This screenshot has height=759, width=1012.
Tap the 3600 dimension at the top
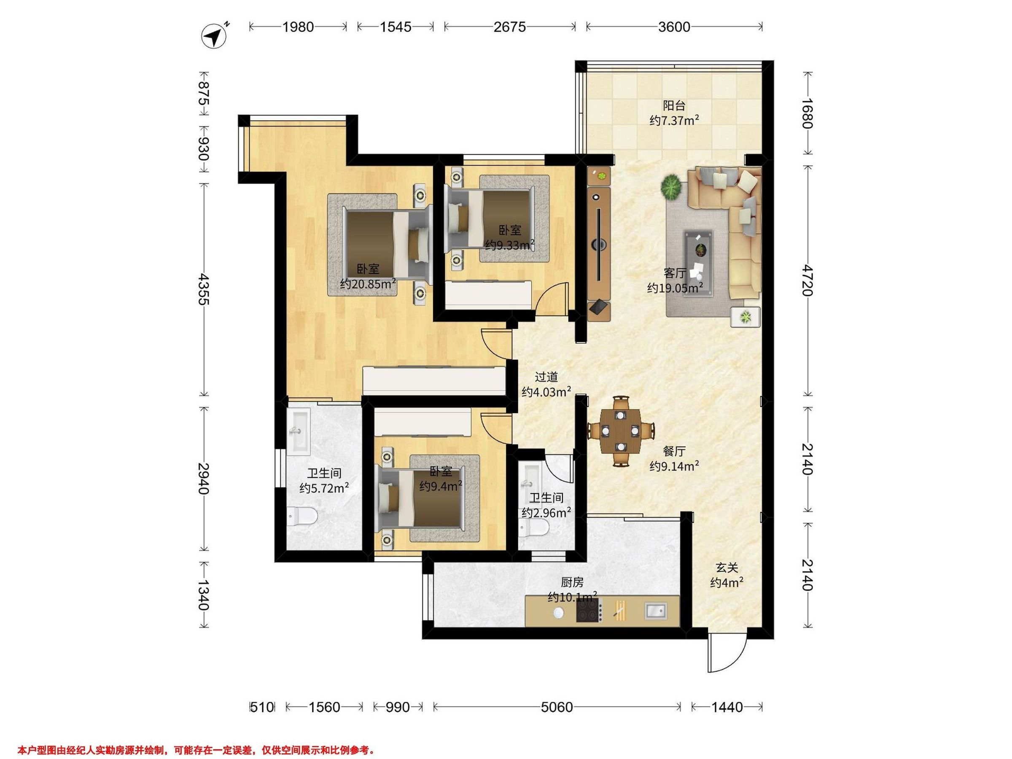tap(674, 27)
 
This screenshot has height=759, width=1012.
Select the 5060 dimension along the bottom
tap(557, 707)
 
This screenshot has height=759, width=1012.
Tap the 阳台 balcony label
tap(674, 106)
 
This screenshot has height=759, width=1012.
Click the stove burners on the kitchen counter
tap(588, 610)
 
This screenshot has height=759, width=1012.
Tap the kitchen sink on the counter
tap(656, 610)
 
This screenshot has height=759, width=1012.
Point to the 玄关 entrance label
tap(727, 568)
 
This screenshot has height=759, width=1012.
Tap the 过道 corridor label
tap(546, 377)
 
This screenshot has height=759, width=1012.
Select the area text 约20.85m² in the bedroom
tap(368, 284)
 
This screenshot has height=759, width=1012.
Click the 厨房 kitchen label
tap(572, 582)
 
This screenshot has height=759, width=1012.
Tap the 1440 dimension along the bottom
tap(727, 707)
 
